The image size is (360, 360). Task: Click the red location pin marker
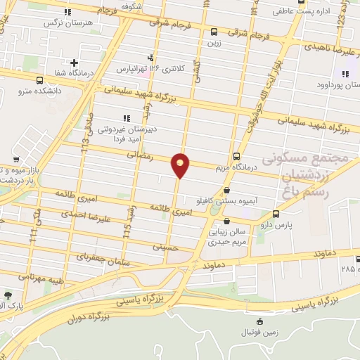[x=180, y=165]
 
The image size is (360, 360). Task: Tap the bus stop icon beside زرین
[x=214, y=31]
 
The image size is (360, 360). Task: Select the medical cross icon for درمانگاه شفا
[x=74, y=63]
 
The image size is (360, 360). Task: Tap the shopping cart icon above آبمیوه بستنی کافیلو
[x=226, y=190]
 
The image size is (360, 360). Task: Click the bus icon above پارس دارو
[x=275, y=214]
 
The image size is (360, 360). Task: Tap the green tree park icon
[x=8, y=295]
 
